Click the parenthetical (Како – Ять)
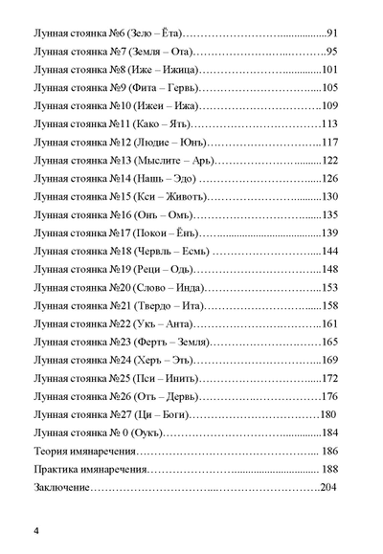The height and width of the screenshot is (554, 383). click(x=168, y=123)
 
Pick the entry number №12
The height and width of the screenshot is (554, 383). click(x=126, y=142)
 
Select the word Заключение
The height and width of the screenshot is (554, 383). click(x=62, y=487)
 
